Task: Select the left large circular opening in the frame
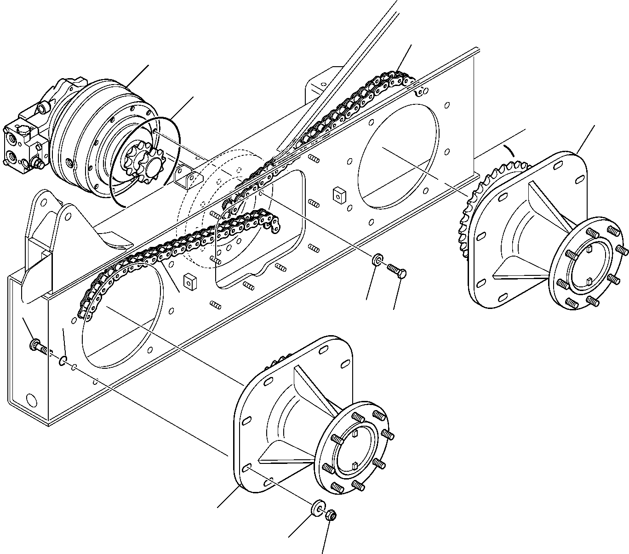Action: tap(122, 317)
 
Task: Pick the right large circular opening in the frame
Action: tap(398, 154)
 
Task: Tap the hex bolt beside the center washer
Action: tap(397, 270)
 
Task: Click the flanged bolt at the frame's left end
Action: tap(37, 346)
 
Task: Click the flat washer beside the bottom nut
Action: tap(316, 508)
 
